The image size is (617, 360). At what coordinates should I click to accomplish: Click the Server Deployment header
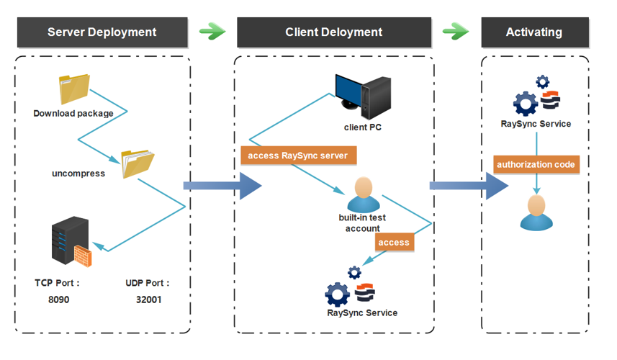click(102, 32)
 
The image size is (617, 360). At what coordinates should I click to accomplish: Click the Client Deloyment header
click(333, 32)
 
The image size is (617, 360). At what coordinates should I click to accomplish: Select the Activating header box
click(533, 32)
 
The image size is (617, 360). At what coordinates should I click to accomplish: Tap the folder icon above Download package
click(74, 90)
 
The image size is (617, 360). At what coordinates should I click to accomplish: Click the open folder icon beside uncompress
click(137, 163)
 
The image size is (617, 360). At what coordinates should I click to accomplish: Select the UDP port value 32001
click(148, 299)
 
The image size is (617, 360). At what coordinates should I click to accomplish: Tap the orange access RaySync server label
click(298, 156)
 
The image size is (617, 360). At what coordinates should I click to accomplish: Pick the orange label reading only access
click(394, 243)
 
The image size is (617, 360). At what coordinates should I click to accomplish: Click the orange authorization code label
click(536, 164)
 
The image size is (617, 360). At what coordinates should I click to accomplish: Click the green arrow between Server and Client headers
click(212, 31)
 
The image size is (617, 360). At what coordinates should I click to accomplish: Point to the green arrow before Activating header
click(456, 31)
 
